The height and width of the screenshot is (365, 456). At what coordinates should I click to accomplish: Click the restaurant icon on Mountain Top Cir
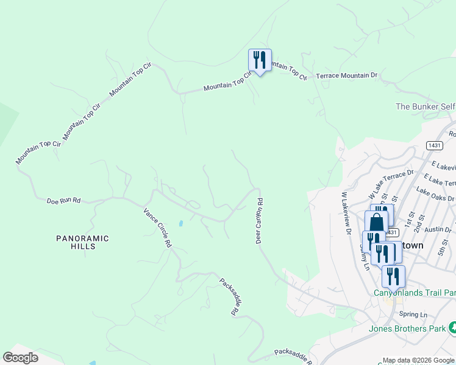[x=260, y=61]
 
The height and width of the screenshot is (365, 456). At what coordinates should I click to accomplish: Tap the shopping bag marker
[x=376, y=222]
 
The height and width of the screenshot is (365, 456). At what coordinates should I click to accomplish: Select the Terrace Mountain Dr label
[x=347, y=76]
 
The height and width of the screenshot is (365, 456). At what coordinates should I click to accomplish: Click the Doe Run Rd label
[x=64, y=200]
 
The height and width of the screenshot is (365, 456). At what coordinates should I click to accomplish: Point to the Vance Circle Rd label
[x=157, y=228]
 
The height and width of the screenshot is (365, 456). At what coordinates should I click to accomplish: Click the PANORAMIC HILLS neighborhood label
[x=82, y=243]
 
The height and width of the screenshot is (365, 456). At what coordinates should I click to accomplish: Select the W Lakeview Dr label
[x=347, y=214]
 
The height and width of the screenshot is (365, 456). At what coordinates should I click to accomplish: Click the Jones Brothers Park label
[x=407, y=329]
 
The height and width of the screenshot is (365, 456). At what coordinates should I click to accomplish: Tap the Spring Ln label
[x=413, y=315]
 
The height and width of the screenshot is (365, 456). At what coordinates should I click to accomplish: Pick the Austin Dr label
[x=438, y=229]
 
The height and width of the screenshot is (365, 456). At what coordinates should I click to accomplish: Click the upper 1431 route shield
[x=435, y=145]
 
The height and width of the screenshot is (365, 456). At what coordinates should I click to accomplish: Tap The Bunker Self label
[x=425, y=106]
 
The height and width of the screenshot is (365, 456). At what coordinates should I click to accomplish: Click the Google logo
[x=20, y=358]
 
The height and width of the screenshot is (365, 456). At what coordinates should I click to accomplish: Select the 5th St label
[x=443, y=248]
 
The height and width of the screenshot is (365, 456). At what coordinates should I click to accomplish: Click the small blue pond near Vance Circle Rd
[x=180, y=223]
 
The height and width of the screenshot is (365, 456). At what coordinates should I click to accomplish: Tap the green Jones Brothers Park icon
[x=452, y=328]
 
